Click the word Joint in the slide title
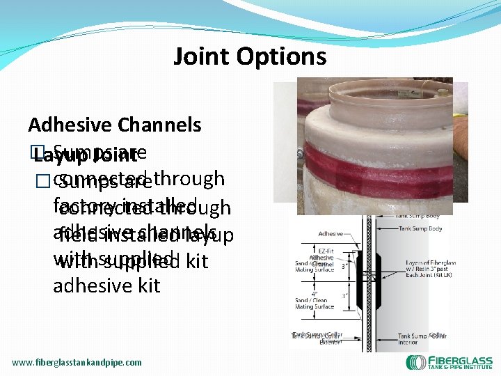200,56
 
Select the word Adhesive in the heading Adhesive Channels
70,125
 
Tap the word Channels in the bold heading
159,125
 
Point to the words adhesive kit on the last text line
106,286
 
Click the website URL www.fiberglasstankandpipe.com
77,362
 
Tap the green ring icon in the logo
416,362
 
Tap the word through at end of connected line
189,178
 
